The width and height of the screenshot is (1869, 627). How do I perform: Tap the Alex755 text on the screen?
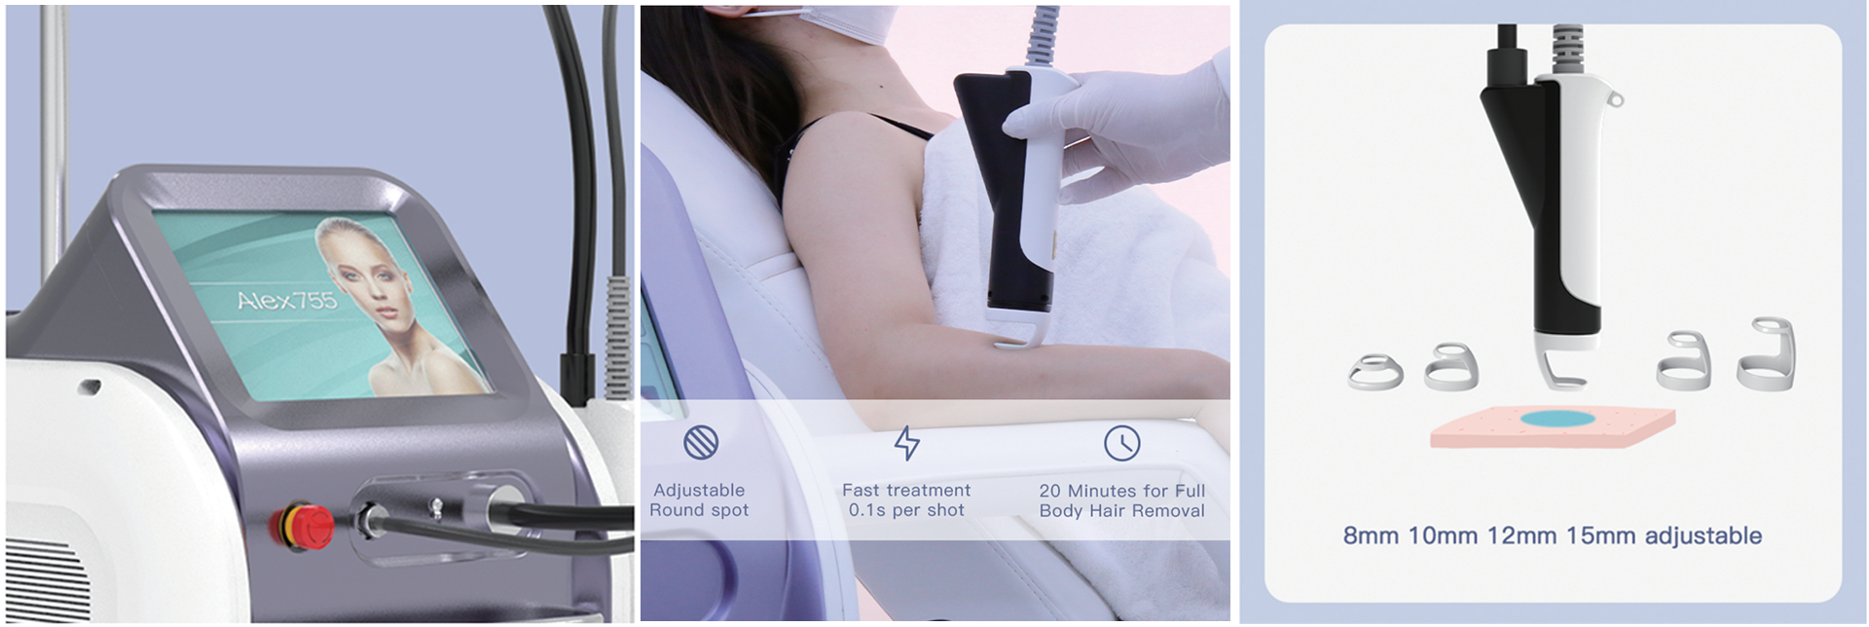pyautogui.click(x=287, y=300)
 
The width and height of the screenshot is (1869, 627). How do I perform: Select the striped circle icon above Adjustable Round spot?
pyautogui.click(x=701, y=443)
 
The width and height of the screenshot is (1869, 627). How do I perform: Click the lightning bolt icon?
pyautogui.click(x=906, y=443)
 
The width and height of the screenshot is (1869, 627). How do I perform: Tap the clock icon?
pyautogui.click(x=1121, y=443)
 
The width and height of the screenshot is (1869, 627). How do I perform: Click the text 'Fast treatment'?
pyautogui.click(x=906, y=490)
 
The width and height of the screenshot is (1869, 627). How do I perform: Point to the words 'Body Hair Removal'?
pyautogui.click(x=1121, y=511)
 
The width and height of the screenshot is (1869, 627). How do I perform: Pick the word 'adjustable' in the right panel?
pyautogui.click(x=1704, y=535)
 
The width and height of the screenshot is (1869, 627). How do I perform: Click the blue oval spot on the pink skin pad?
pyautogui.click(x=1557, y=420)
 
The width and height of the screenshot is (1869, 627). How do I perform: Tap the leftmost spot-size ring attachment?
pyautogui.click(x=1375, y=372)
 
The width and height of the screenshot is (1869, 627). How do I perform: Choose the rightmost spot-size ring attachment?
pyautogui.click(x=1766, y=354)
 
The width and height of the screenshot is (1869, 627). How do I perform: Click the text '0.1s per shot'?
pyautogui.click(x=906, y=510)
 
